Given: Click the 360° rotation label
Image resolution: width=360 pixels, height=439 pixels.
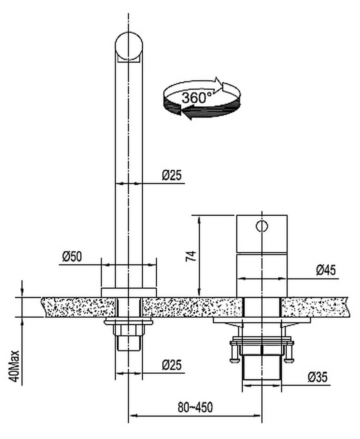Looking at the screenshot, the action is [x=197, y=98].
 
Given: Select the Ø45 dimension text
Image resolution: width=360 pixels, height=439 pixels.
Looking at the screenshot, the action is [x=326, y=270].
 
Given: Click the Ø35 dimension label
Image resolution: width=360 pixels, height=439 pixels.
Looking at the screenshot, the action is [x=318, y=377].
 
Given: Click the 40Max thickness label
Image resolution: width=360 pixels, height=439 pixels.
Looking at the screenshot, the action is [x=14, y=366].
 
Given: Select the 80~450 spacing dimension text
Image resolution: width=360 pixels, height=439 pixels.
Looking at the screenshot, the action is [x=195, y=407].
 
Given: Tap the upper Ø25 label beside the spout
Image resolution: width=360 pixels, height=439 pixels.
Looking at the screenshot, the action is [x=172, y=175].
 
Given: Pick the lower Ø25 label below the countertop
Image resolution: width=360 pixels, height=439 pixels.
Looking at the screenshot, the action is [x=172, y=365].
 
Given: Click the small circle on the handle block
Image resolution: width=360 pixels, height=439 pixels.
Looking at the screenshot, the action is [x=262, y=226].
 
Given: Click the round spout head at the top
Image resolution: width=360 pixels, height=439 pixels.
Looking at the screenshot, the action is [x=129, y=47].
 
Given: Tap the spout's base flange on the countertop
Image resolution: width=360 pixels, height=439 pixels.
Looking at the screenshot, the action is [x=129, y=292].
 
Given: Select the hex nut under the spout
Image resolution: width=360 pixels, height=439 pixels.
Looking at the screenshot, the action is [x=129, y=330].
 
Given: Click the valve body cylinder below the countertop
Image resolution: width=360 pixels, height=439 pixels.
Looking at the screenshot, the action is [x=261, y=367].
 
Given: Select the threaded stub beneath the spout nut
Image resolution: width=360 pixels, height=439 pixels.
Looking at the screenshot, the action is [x=128, y=343].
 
